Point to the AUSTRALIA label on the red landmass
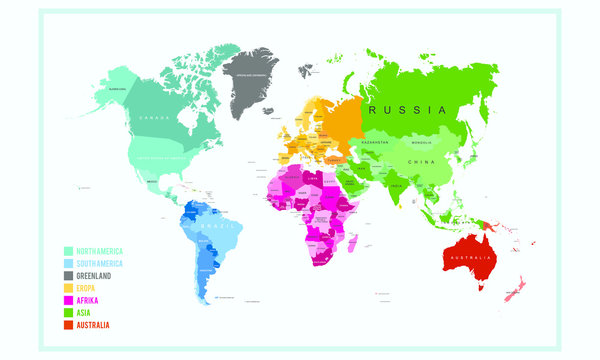tap(469, 260)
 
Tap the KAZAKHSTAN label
tap(377, 144)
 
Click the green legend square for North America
tap(68, 251)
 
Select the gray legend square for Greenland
tap(68, 275)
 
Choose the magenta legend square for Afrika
tap(68, 299)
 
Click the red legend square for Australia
tap(68, 323)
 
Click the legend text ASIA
tap(85, 311)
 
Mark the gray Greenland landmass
tap(250, 80)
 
